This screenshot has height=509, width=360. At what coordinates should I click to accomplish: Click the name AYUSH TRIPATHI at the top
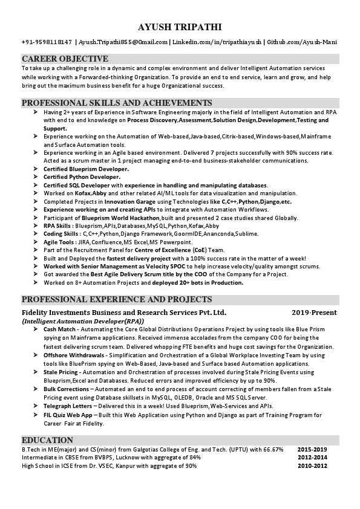[x=180, y=27]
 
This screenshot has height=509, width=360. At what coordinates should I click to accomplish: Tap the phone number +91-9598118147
[x=47, y=42]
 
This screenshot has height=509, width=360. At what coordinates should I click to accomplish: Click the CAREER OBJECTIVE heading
[x=65, y=59]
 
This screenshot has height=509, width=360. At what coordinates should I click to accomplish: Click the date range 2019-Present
[x=314, y=313]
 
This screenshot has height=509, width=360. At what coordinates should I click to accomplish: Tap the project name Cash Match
[x=59, y=329]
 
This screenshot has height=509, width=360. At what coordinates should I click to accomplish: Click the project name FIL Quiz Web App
[x=68, y=415]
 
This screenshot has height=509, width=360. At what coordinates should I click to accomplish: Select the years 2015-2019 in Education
[x=312, y=450]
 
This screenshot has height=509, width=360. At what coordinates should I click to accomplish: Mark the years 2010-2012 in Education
[x=312, y=466]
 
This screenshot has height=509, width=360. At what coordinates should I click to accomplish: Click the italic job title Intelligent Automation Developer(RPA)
[x=83, y=321]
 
